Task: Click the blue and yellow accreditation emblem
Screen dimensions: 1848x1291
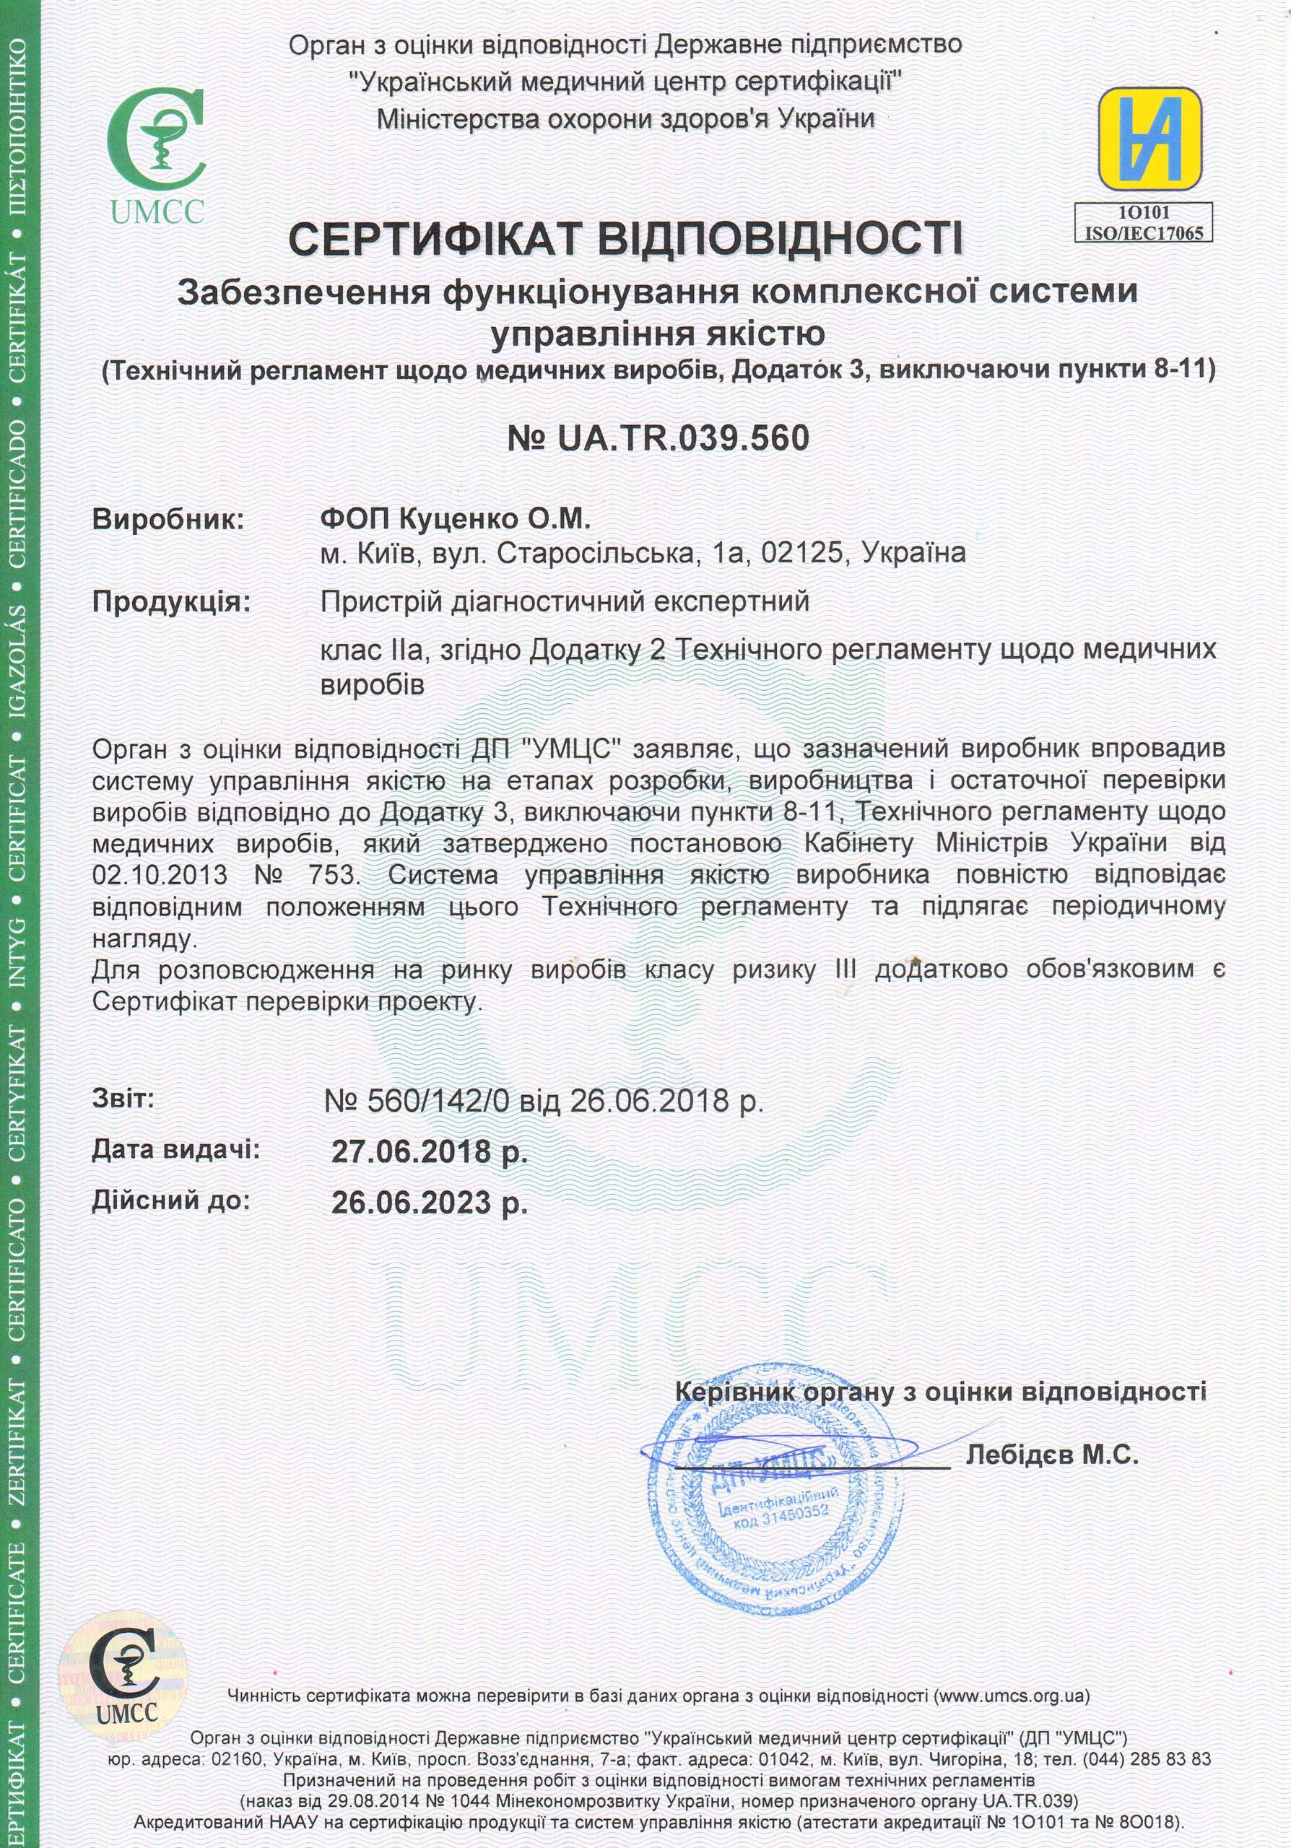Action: tap(1150, 138)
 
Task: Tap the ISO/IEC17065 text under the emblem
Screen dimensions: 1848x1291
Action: tap(1144, 233)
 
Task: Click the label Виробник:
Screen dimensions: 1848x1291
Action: tap(168, 520)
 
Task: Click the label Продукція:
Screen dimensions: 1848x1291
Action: tap(171, 602)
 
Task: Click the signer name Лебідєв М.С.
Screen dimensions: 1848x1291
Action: tap(1052, 1455)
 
